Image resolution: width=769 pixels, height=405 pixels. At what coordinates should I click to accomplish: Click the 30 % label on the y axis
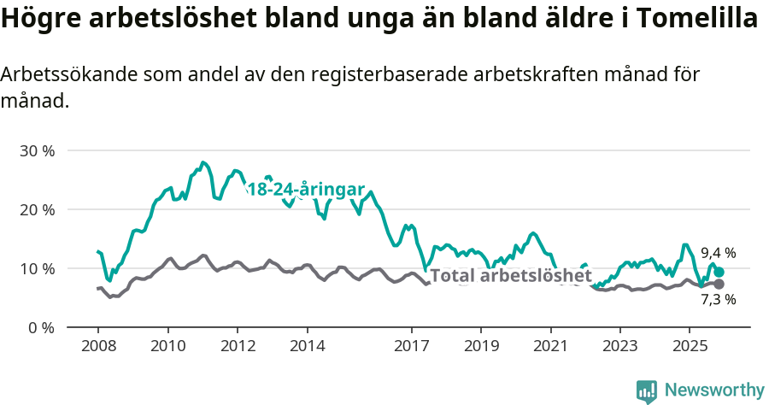[38, 150]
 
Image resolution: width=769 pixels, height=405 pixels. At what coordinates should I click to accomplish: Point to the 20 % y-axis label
[38, 209]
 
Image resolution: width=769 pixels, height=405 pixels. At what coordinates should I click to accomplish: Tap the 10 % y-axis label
[38, 268]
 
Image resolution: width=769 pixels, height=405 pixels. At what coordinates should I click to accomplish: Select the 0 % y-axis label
[41, 327]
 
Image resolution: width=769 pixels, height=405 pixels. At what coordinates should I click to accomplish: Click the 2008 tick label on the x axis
[97, 347]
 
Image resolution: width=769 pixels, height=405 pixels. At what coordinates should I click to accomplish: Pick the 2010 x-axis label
[167, 347]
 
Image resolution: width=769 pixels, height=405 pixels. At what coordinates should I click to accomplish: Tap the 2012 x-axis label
[238, 347]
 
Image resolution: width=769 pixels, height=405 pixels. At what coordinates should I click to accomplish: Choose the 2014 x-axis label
[307, 347]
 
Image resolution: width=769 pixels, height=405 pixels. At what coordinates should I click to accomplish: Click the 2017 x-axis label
[411, 347]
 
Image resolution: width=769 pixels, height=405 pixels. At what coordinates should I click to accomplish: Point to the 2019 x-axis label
[480, 347]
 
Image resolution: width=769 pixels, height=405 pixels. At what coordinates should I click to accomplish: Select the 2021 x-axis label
[550, 347]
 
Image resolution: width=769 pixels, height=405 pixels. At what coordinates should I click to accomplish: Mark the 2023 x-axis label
[619, 347]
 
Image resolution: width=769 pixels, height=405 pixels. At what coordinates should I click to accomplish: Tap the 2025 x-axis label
[689, 347]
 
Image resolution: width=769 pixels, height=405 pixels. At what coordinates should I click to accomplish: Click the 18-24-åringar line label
[306, 190]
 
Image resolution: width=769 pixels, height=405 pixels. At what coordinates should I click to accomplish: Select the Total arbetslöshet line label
[510, 276]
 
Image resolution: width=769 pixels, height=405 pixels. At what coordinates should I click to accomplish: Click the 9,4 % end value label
[718, 253]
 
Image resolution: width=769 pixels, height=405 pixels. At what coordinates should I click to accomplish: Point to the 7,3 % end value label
[718, 299]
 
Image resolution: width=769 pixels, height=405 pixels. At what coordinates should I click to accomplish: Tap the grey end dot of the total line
[719, 284]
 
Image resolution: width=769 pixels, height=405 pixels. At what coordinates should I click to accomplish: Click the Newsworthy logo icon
[647, 391]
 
